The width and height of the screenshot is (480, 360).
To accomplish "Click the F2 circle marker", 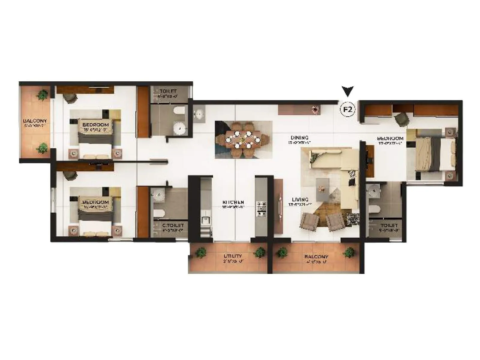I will point(347,109).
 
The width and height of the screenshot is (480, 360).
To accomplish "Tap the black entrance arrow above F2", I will point(347,91).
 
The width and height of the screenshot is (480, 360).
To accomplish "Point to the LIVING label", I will point(300,199).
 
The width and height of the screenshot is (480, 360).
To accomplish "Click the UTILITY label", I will point(233,256).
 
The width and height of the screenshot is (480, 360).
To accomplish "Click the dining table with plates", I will point(243,139).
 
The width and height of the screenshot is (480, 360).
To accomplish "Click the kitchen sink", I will point(205,220).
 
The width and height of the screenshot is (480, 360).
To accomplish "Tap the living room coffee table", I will point(322,189).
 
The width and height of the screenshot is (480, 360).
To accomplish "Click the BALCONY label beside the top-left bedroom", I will point(35,121).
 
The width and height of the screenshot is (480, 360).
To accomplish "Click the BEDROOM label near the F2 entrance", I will point(390,138).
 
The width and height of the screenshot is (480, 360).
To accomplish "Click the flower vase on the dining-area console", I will point(315,109).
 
